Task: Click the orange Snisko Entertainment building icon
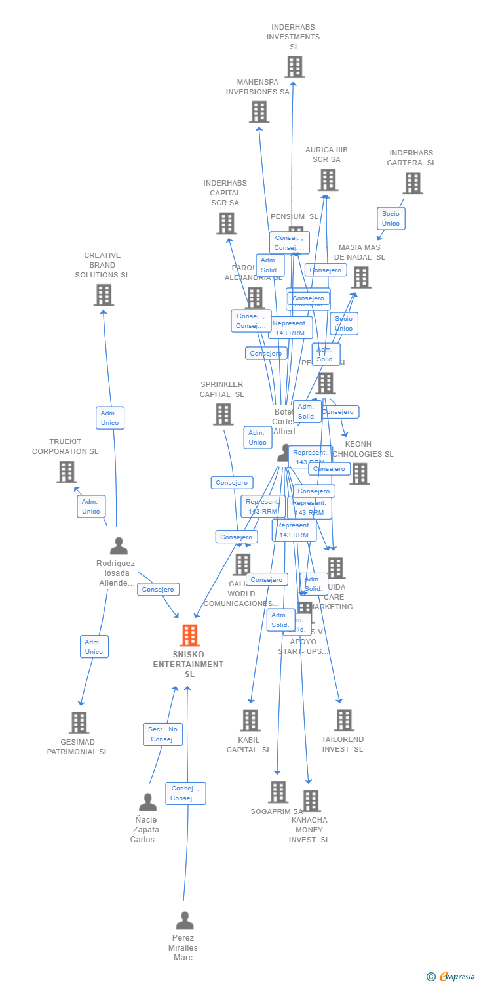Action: pos(189,635)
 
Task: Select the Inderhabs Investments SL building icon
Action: pos(294,67)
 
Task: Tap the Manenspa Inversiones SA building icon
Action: pos(259,112)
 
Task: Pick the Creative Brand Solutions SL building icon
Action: pos(104,295)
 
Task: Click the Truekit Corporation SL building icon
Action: pos(66,472)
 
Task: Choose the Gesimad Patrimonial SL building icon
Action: pos(79,723)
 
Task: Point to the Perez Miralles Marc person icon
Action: pos(185,920)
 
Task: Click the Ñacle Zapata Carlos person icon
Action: pos(147,802)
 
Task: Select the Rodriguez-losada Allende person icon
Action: pos(119,546)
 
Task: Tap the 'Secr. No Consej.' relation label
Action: pos(163,734)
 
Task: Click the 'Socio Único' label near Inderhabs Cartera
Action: pos(391,218)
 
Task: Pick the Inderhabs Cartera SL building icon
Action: pos(412,183)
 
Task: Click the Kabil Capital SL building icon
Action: pos(250,720)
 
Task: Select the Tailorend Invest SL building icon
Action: pos(343,720)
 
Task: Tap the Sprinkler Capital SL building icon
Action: pos(223,414)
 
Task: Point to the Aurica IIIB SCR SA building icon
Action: pos(328,180)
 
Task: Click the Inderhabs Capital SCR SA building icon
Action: pos(226,224)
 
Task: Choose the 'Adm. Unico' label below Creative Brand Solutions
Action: pos(110,418)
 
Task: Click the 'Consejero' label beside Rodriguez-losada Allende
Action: pos(158,590)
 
